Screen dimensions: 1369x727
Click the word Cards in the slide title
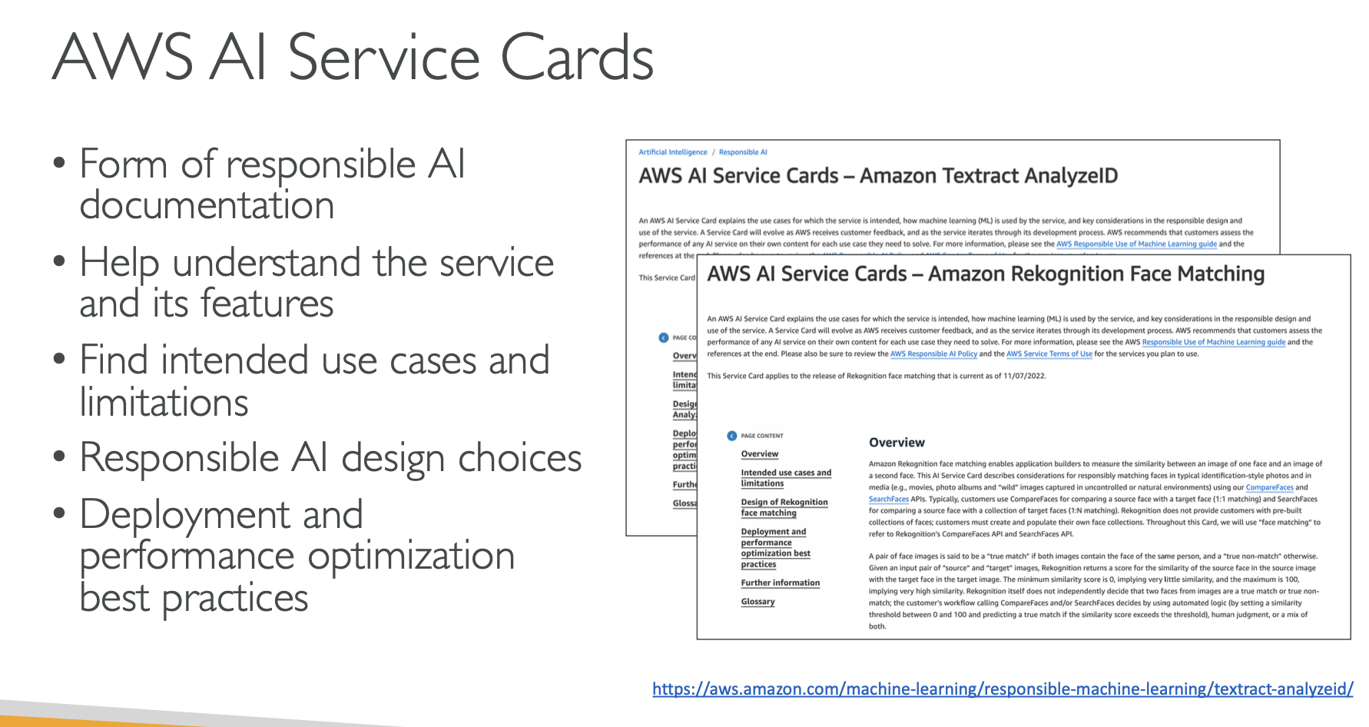click(576, 58)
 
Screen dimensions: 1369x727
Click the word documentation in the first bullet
click(207, 205)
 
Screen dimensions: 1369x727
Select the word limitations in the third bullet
click(164, 402)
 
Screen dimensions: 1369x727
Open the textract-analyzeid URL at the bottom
click(1003, 689)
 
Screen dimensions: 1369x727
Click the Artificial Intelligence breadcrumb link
click(673, 152)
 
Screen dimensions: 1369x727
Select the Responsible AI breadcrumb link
click(743, 152)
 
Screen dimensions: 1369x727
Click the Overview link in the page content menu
click(759, 454)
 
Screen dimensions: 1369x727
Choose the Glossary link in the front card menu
click(757, 602)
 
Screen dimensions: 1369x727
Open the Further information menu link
click(780, 583)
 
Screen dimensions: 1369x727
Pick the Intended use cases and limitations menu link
click(785, 478)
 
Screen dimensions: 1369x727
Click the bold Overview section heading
click(897, 443)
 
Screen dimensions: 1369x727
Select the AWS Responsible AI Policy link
click(933, 354)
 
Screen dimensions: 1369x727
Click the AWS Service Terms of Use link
click(1049, 354)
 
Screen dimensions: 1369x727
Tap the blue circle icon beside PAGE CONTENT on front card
click(731, 436)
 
